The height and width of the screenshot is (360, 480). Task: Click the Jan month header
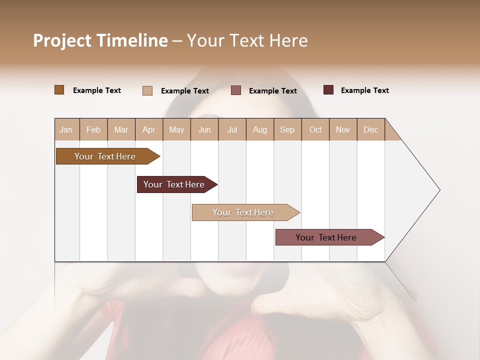66,130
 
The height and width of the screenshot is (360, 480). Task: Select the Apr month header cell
149,130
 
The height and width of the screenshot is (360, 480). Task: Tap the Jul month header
232,130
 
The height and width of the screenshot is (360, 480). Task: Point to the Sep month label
287,130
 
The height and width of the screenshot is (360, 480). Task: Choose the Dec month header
370,130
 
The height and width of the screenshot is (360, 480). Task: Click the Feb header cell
93,130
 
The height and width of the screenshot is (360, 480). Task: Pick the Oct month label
315,130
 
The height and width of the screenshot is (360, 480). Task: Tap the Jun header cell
204,130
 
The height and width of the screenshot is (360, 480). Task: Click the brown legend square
59,90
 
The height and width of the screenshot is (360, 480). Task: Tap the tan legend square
147,90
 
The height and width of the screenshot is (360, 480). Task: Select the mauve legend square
236,90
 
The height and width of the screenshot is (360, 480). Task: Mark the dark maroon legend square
328,90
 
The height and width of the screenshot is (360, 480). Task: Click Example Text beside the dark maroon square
364,90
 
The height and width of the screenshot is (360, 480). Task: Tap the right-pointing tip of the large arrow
438,190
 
